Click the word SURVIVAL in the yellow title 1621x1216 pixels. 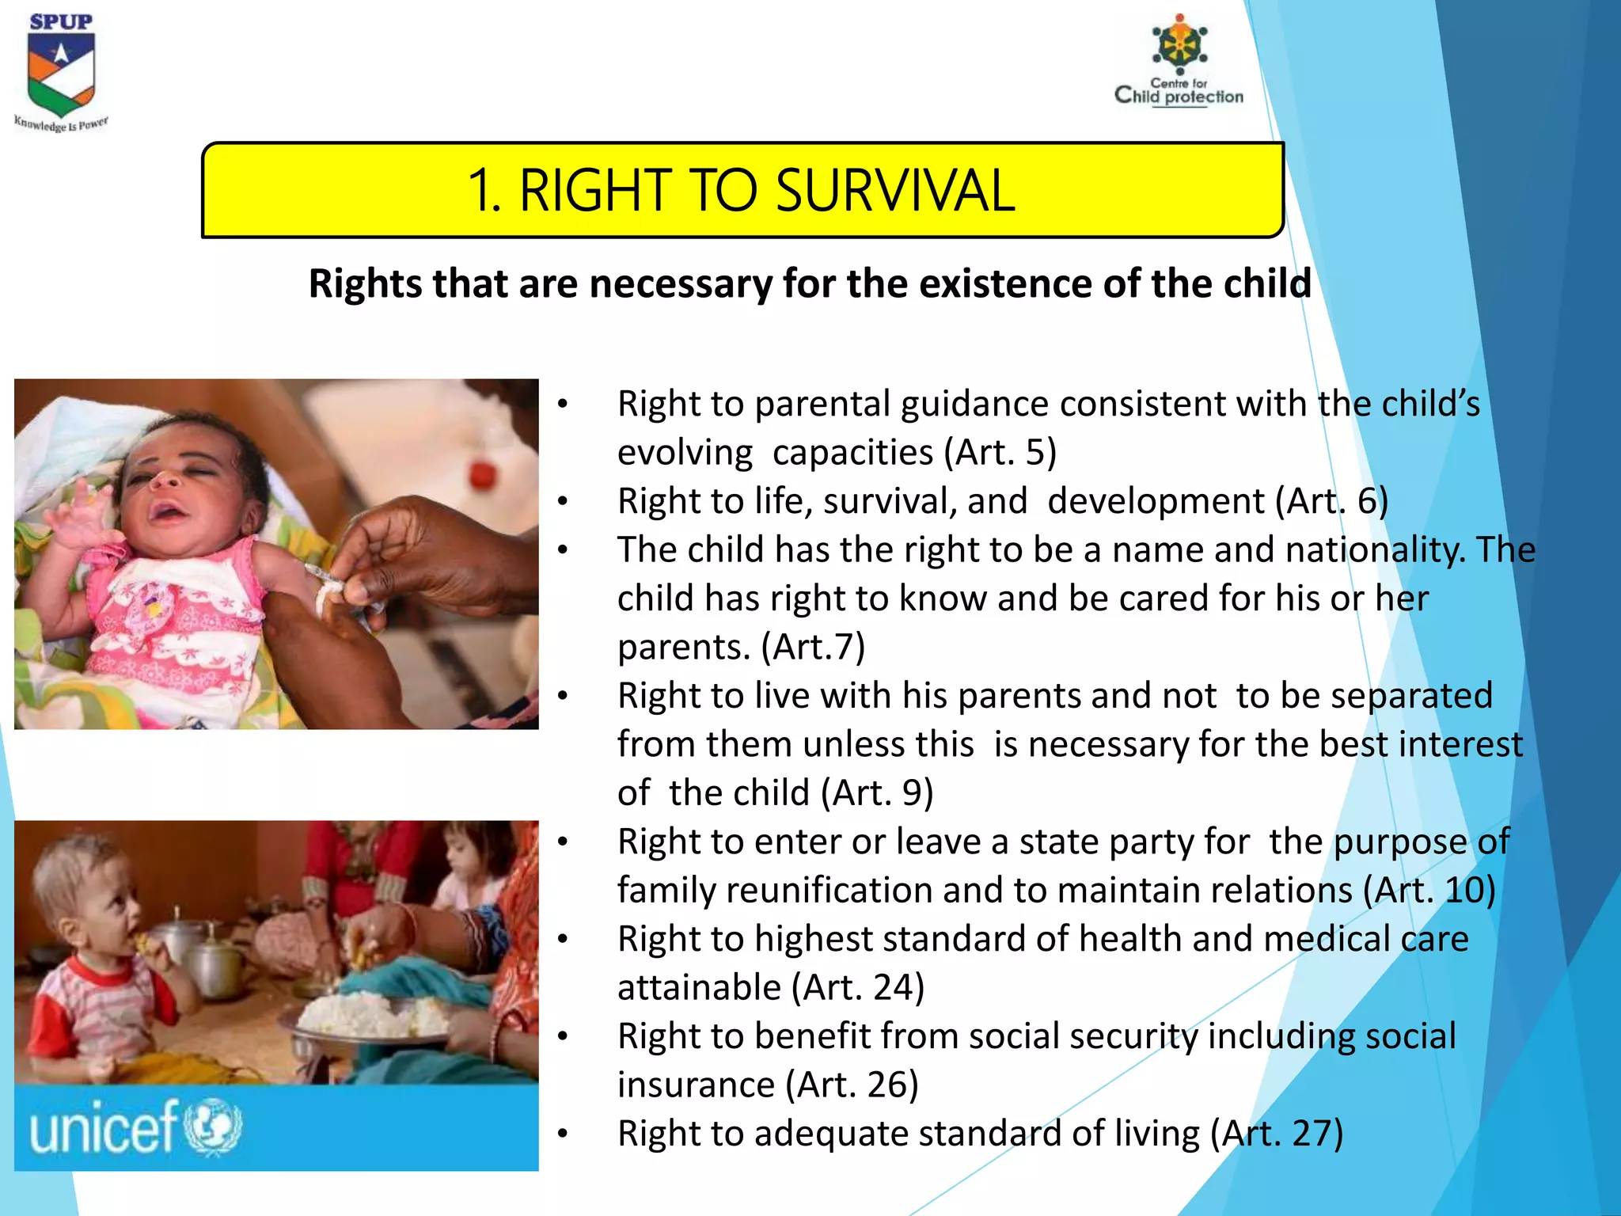[894, 191]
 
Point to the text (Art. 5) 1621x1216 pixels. [1000, 453]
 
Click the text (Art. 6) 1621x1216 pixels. [1332, 501]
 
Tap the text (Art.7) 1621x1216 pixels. [813, 647]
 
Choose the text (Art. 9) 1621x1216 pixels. [878, 793]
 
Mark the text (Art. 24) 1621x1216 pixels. [859, 987]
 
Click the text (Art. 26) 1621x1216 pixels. [852, 1085]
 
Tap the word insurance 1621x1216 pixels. [695, 1085]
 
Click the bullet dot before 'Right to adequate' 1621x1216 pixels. [563, 1134]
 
